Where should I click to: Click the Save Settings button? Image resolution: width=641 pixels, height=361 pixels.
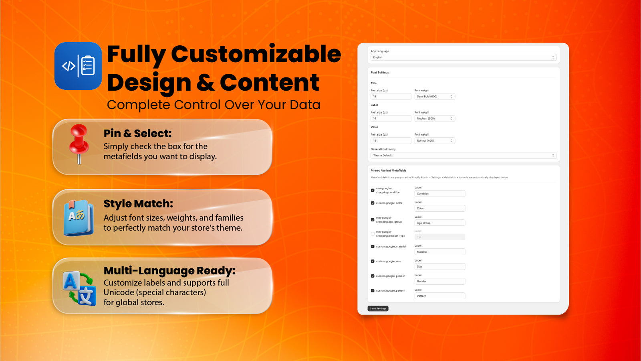378,308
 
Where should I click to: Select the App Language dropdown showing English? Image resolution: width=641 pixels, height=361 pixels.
463,57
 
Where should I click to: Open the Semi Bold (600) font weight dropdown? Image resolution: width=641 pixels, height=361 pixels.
434,96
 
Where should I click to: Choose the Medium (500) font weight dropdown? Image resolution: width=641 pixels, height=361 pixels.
434,118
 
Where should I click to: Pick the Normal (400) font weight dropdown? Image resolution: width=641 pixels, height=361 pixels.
434,140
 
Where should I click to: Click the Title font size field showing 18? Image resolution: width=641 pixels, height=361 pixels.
391,96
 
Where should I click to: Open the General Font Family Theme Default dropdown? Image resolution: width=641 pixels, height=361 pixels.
463,155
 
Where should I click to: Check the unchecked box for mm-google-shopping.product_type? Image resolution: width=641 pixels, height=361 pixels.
373,234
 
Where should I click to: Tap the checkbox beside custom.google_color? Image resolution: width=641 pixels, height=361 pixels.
373,203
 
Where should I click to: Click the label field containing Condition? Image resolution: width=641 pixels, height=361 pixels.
439,194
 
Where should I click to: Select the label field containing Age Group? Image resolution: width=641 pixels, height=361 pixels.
439,223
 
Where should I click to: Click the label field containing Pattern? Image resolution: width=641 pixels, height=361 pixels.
439,296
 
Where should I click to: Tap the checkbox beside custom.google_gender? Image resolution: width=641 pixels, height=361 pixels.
373,276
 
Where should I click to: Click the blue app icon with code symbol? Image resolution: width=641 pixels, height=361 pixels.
78,66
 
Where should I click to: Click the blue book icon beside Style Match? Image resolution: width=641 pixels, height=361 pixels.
79,217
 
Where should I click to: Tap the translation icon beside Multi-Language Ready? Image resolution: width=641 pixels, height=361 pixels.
79,288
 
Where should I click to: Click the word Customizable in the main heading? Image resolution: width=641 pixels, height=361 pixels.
256,54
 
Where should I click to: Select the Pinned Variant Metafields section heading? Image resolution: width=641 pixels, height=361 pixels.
388,170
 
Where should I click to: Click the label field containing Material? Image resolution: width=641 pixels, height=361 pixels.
439,252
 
